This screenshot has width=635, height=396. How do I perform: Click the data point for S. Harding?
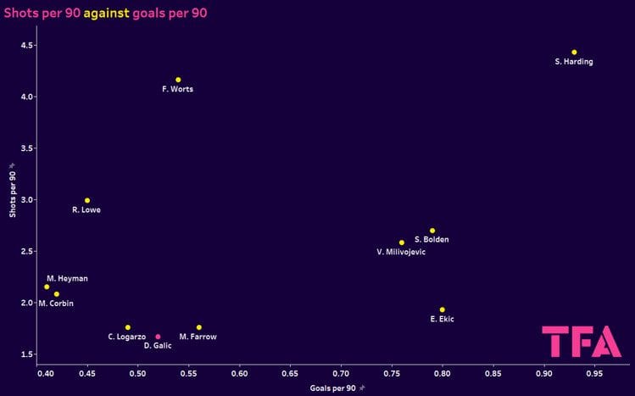point(574,53)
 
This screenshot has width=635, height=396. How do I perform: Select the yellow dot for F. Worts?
point(178,80)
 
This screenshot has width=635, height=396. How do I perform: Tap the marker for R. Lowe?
point(86,201)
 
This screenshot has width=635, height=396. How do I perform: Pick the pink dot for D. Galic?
point(158,337)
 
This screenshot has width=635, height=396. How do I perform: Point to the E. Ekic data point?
point(442,310)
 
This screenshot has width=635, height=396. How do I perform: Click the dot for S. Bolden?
point(432,231)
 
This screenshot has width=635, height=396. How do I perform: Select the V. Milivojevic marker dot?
point(402,243)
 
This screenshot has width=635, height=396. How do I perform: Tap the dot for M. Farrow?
point(198,327)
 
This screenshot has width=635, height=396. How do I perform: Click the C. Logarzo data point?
point(127,327)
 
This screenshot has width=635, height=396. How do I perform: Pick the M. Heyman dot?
point(47,287)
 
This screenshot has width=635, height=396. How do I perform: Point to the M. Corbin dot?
point(57,294)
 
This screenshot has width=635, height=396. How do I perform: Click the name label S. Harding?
point(574,63)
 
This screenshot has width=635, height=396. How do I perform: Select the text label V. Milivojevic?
point(401,253)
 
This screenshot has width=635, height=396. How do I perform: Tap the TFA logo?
point(581,341)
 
